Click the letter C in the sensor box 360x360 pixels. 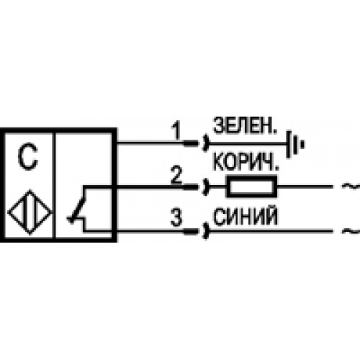[27, 156]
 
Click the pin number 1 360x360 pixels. [176, 130]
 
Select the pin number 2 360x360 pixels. [176, 175]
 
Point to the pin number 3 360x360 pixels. [176, 217]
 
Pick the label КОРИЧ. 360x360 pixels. [246, 162]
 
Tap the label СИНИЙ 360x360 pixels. [246, 217]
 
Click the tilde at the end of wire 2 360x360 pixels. [351, 186]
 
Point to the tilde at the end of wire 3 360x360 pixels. [351, 231]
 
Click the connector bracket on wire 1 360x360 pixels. [206, 143]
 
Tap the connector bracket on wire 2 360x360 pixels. [206, 186]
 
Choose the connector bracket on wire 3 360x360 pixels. [206, 231]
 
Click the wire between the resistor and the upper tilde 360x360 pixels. [305, 186]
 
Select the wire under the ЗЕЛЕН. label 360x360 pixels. [248, 144]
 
